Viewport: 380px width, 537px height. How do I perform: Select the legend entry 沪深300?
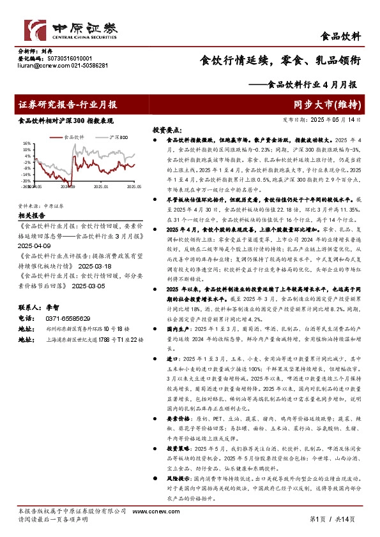pyautogui.click(x=119, y=137)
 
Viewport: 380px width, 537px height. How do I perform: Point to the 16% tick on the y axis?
pyautogui.click(x=26, y=143)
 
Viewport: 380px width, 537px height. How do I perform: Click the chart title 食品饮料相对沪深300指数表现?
pyautogui.click(x=66, y=121)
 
